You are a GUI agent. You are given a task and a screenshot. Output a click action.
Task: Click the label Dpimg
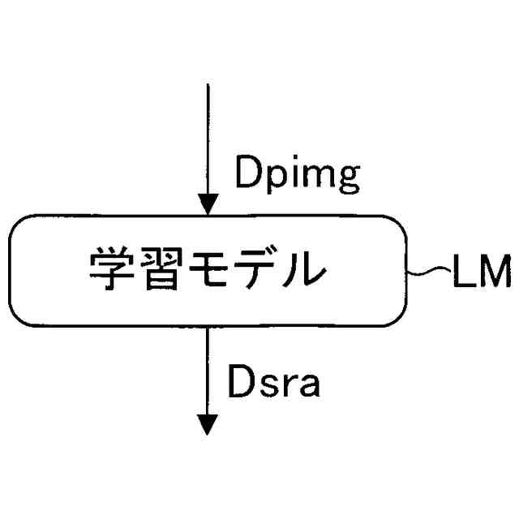pyautogui.click(x=296, y=173)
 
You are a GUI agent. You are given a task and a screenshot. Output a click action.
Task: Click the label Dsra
pyautogui.click(x=274, y=384)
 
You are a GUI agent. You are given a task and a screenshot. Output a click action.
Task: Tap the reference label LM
pyautogui.click(x=481, y=272)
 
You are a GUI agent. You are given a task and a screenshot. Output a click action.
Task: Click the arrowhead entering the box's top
pyautogui.click(x=208, y=205)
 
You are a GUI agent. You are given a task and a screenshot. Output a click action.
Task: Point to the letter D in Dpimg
pyautogui.click(x=247, y=171)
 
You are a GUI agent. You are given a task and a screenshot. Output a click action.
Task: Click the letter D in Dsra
pyautogui.click(x=241, y=383)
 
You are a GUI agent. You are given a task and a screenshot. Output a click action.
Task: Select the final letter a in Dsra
pyautogui.click(x=308, y=386)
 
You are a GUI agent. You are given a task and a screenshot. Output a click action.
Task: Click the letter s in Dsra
pyautogui.click(x=268, y=386)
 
